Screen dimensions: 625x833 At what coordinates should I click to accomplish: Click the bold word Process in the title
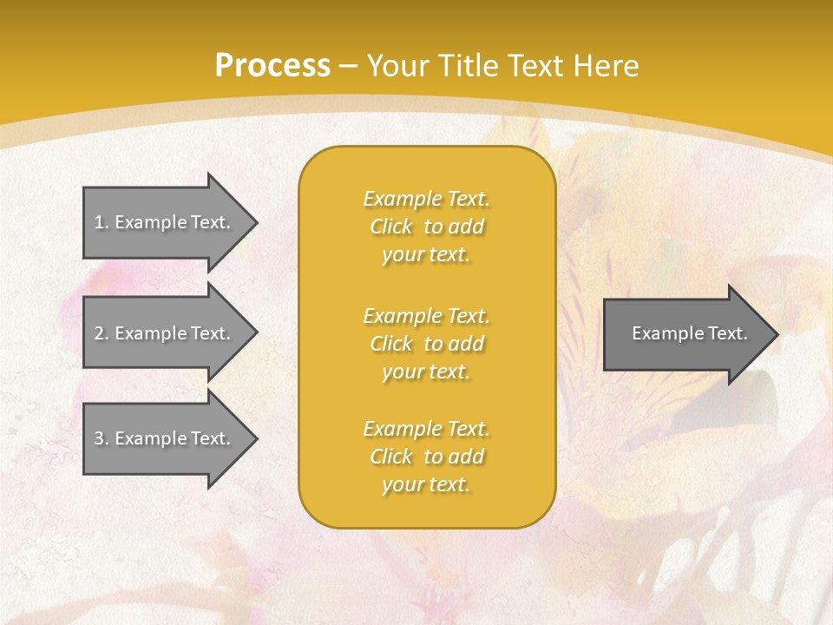(272, 66)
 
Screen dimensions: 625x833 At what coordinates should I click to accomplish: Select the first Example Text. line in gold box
(426, 199)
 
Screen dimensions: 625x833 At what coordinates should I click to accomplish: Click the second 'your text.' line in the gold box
(426, 372)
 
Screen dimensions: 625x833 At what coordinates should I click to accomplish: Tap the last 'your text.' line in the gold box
(426, 484)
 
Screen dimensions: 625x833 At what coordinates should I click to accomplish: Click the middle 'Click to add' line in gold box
(426, 344)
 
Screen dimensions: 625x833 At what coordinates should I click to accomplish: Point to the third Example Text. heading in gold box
(426, 429)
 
